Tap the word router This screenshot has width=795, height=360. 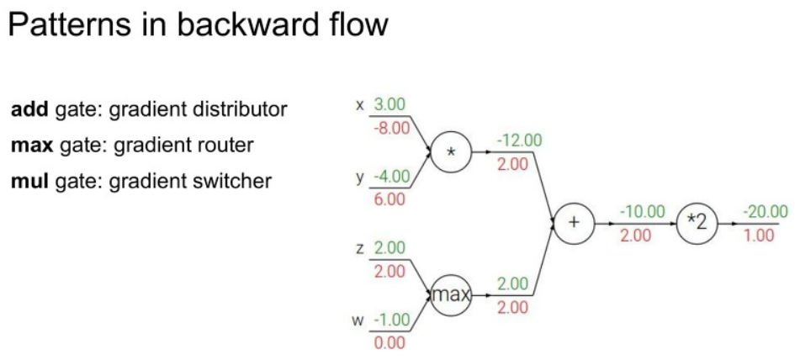(x=224, y=145)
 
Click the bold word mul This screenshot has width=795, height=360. (x=29, y=181)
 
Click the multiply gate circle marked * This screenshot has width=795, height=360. (x=452, y=152)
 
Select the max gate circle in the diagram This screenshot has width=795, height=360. (x=452, y=295)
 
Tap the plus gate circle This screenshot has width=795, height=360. (x=574, y=224)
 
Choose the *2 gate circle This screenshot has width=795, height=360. (x=697, y=224)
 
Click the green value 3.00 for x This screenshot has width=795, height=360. (x=390, y=104)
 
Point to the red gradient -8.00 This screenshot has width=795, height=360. (x=390, y=128)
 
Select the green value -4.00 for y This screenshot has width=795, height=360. (x=390, y=177)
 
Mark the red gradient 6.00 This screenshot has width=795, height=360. (x=390, y=199)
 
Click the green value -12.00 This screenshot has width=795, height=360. (x=519, y=140)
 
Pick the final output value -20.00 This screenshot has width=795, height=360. (x=765, y=212)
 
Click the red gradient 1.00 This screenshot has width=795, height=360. (x=759, y=236)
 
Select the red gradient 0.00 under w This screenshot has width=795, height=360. (x=390, y=342)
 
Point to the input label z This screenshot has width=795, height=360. (x=360, y=248)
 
